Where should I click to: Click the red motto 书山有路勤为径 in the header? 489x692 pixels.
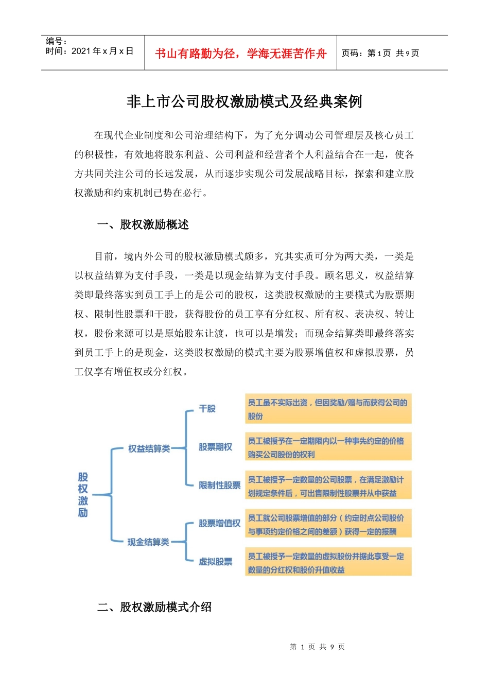click(x=240, y=54)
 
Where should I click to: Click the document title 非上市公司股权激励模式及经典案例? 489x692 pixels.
click(x=244, y=102)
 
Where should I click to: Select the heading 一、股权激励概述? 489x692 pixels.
click(x=143, y=224)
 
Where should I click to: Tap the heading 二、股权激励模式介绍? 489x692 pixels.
click(x=154, y=607)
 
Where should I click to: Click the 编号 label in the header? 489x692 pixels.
click(x=56, y=41)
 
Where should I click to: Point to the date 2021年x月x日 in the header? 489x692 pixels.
click(x=102, y=51)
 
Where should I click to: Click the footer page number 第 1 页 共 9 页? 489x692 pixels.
click(x=317, y=647)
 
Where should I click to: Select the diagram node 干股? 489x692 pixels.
click(x=207, y=409)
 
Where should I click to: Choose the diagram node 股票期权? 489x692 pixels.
click(x=215, y=447)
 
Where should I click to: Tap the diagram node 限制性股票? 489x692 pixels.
click(x=220, y=485)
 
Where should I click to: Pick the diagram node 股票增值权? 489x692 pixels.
click(x=220, y=523)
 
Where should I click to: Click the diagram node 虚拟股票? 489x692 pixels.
click(x=215, y=561)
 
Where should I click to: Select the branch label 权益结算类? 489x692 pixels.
click(x=149, y=448)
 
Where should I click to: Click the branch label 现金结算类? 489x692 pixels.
click(x=148, y=542)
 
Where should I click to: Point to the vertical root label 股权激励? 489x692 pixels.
click(x=83, y=495)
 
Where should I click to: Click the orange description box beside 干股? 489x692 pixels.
click(x=328, y=409)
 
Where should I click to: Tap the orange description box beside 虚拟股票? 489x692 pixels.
click(x=328, y=562)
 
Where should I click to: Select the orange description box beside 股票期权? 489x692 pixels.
click(x=328, y=447)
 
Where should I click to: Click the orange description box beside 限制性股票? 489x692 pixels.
click(x=328, y=486)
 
